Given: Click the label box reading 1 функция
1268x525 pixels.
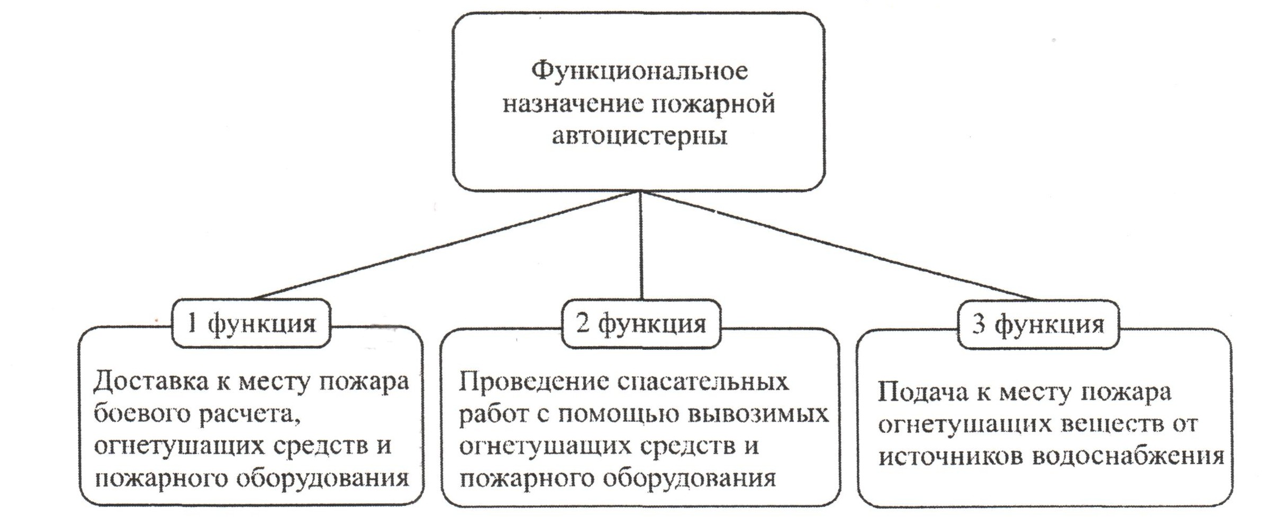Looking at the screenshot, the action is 251,323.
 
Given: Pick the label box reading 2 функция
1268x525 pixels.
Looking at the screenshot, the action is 641,323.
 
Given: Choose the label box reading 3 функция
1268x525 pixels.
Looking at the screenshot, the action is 1038,324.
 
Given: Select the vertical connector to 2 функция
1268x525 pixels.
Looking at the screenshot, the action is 641,246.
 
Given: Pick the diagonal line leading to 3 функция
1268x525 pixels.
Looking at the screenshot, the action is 839,246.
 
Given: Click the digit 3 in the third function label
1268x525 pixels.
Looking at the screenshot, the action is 979,324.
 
